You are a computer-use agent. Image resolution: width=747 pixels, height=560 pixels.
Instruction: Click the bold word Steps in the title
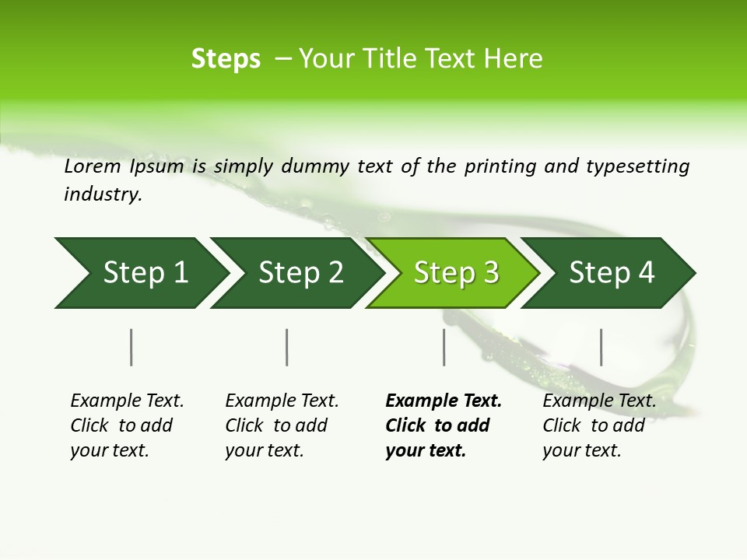[x=226, y=59]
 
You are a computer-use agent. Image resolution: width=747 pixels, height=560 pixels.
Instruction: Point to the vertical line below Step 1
[x=131, y=347]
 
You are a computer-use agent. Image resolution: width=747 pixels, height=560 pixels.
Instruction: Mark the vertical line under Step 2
[x=287, y=347]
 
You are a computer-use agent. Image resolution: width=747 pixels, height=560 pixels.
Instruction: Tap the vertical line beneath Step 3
[x=444, y=347]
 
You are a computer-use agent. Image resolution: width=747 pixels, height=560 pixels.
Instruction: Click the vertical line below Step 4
[x=601, y=347]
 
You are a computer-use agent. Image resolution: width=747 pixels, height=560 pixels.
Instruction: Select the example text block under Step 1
[x=127, y=425]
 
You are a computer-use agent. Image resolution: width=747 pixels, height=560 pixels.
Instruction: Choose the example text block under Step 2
[x=282, y=425]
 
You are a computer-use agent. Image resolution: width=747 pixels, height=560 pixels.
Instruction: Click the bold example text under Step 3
[x=444, y=425]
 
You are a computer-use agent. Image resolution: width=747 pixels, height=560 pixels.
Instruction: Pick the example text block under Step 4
[x=599, y=425]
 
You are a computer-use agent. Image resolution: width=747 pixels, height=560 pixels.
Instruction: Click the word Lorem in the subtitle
[x=93, y=166]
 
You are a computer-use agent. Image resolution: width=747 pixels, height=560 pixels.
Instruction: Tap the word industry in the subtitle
[x=103, y=194]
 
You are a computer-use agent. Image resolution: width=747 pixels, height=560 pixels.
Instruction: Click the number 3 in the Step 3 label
[x=490, y=273]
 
